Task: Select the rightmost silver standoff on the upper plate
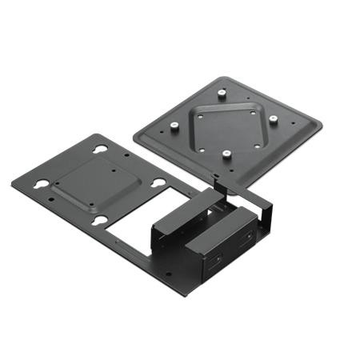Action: tap(273, 119)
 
